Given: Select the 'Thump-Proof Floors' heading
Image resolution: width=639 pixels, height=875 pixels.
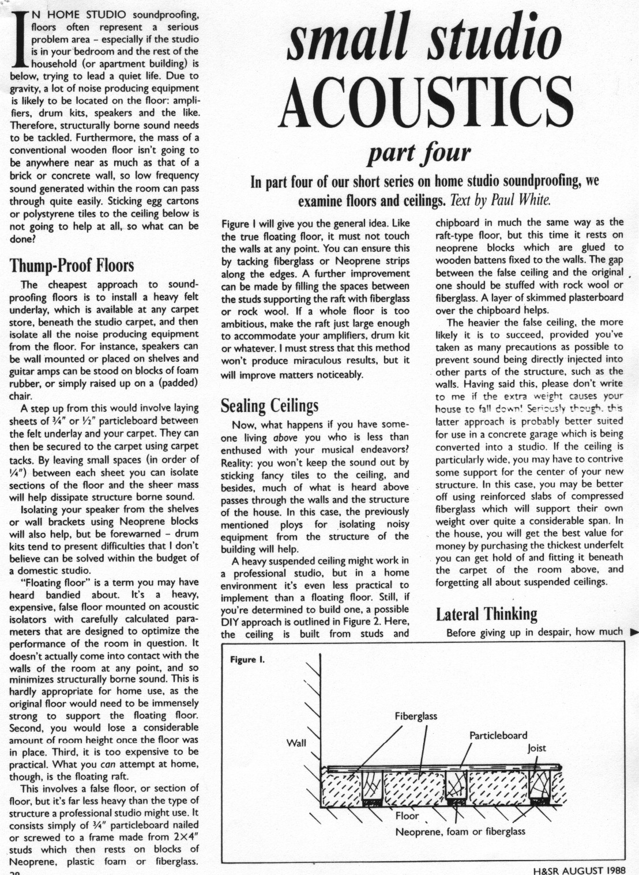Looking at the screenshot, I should coord(72,266).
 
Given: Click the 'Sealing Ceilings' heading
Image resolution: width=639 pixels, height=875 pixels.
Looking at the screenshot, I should coord(269,406).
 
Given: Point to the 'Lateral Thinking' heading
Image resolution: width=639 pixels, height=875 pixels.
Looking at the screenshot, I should coord(486,614).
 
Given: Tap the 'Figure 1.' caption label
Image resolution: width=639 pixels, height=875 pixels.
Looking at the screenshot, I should coord(247,660).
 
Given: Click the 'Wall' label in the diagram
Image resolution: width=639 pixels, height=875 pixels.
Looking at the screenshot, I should coord(296,743).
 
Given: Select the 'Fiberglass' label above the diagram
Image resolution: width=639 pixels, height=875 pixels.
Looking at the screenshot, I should coord(416,717).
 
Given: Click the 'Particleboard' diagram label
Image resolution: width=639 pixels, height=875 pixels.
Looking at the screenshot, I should coord(498,736).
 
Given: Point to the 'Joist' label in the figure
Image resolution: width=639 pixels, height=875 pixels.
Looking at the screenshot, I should coord(536,748).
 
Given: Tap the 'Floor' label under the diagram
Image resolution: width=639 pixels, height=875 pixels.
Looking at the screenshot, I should coord(407,816).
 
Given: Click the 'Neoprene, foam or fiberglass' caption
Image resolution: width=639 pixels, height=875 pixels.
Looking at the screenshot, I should coord(460,831).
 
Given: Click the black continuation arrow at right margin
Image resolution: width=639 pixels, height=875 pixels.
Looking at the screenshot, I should coord(634,632).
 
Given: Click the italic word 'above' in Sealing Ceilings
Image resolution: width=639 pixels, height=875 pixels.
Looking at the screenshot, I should coord(285,438).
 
